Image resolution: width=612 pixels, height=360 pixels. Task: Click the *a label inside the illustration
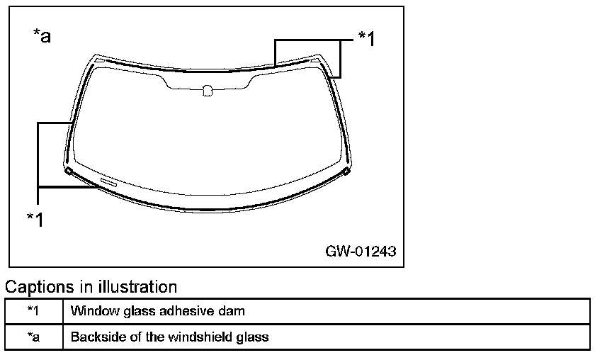[42, 36]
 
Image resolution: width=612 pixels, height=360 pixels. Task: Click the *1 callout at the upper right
[366, 38]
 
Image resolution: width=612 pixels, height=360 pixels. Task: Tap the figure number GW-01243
[361, 252]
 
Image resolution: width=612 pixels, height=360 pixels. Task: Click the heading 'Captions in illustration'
[91, 287]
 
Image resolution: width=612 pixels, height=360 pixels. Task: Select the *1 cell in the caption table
[33, 310]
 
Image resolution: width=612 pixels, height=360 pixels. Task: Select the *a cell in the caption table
[33, 337]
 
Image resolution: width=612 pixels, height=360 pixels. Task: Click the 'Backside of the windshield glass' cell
[169, 337]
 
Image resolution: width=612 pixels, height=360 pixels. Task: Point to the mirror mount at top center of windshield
[207, 90]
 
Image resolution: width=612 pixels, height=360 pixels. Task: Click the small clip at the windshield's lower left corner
[68, 171]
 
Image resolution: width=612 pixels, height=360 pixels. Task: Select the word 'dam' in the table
[234, 310]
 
